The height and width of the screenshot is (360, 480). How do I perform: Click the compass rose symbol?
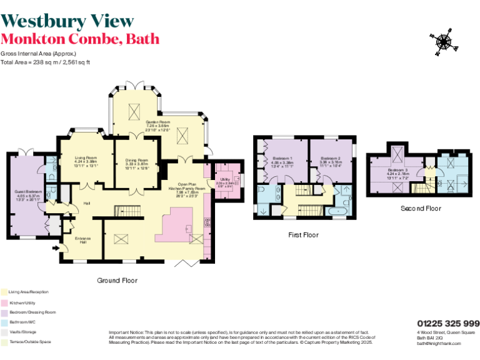pyautogui.click(x=444, y=42)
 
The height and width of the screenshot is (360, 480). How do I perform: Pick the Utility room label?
pyautogui.click(x=224, y=181)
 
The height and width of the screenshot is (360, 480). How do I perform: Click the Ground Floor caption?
pyautogui.click(x=117, y=281)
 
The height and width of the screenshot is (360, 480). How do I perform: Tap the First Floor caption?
pyautogui.click(x=303, y=235)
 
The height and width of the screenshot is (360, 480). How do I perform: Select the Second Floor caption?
pyautogui.click(x=421, y=208)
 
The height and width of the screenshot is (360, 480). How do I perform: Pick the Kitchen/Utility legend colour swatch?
pyautogui.click(x=4, y=302)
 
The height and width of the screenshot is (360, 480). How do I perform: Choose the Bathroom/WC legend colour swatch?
pyautogui.click(x=4, y=322)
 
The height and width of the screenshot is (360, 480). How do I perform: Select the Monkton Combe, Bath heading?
pyautogui.click(x=79, y=39)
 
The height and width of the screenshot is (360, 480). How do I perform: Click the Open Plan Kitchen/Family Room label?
pyautogui.click(x=187, y=188)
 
